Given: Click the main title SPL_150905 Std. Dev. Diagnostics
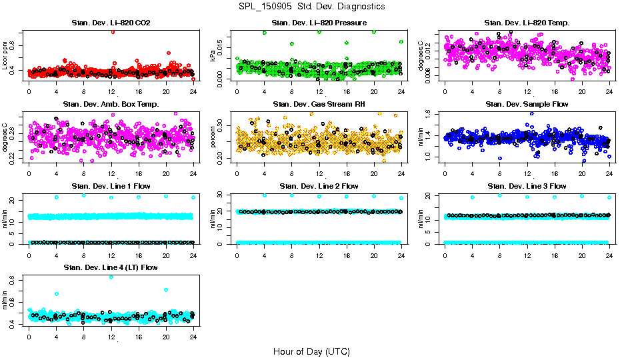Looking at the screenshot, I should (x=311, y=6).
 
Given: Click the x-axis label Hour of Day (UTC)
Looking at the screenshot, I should (x=311, y=351).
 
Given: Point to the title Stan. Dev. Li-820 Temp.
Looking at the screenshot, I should (x=527, y=23).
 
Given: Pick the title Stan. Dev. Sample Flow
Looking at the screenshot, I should (x=527, y=105).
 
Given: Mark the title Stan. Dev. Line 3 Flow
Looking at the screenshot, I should (x=527, y=186).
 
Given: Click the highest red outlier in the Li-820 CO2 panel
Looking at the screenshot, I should (x=113, y=31).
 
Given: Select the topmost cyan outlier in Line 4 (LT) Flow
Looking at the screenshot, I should (x=111, y=277).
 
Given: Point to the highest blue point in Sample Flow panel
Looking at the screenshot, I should (x=531, y=113).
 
